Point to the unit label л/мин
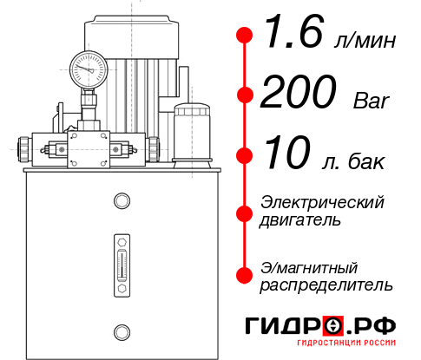365,42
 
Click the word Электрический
322,201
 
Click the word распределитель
326,285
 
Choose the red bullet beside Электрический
246,211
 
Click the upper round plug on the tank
121,201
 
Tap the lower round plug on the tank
121,331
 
